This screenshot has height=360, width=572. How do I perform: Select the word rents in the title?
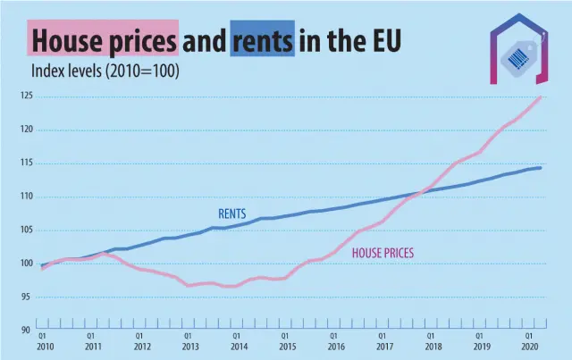point(263,40)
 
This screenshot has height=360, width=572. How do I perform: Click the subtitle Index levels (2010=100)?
point(105,70)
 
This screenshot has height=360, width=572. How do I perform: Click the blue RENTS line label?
point(232,214)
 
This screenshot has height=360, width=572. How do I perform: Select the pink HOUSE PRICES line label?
point(383,254)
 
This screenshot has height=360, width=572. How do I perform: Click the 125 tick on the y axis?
point(27,96)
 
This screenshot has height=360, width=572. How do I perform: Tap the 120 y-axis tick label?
point(27,130)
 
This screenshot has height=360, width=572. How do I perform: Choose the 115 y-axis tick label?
point(27,163)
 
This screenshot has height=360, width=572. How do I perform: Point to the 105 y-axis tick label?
point(27,230)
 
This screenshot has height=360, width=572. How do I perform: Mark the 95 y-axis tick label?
point(28,297)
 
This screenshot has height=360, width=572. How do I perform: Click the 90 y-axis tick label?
point(28,331)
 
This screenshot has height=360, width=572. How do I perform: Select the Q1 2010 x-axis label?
point(43,341)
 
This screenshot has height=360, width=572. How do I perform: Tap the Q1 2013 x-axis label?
point(189,341)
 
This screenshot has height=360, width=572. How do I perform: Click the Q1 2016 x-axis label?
point(335,341)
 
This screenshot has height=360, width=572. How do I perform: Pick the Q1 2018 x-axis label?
point(433,341)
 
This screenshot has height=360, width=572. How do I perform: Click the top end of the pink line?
point(541,96)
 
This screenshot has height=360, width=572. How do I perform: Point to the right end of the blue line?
point(541,168)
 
